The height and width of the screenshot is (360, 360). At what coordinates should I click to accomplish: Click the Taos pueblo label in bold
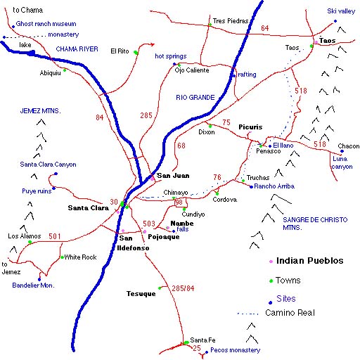coord(327,41)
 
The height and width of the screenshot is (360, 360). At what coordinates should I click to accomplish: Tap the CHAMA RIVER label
coord(77,49)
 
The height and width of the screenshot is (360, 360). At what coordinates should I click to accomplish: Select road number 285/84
coord(186,288)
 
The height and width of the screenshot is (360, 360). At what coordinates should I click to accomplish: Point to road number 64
coord(264,28)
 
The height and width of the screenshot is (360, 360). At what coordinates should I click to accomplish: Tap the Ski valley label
coord(342,12)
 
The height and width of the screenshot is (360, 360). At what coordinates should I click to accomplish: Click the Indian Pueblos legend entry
coord(310,260)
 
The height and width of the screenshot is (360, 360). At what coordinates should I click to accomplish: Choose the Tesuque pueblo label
coord(141,293)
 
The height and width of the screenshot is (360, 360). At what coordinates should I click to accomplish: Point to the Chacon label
coord(348,146)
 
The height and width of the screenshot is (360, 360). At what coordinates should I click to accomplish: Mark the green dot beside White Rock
coord(61,257)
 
